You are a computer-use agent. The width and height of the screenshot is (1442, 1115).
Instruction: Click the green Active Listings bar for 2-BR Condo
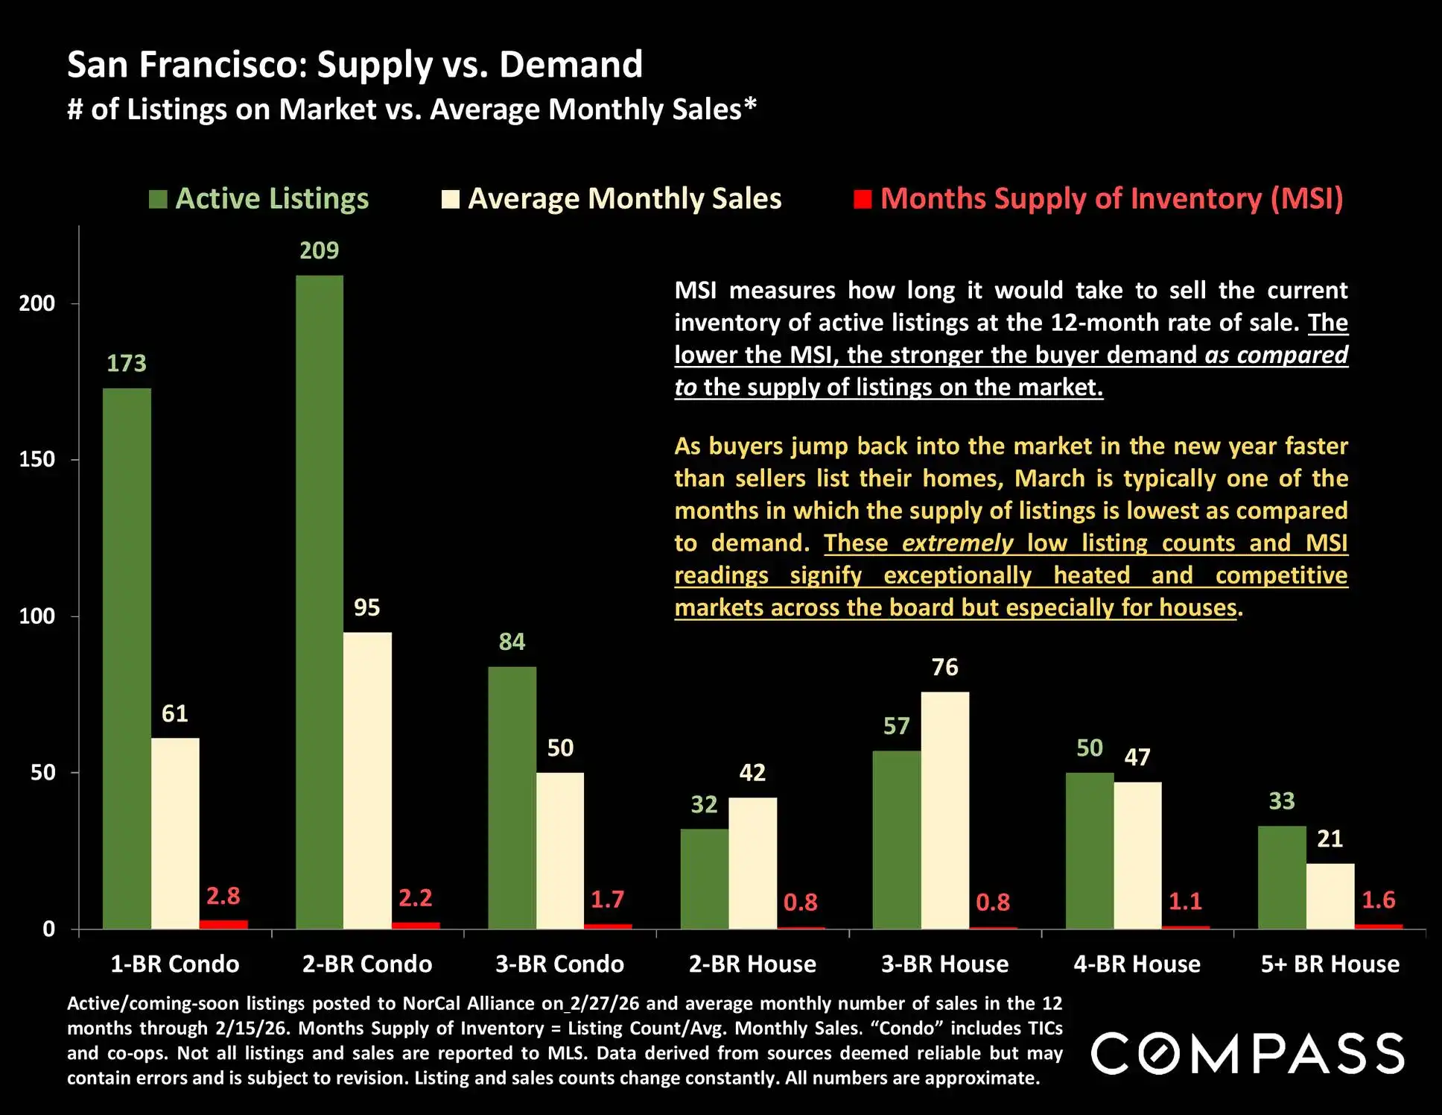(320, 602)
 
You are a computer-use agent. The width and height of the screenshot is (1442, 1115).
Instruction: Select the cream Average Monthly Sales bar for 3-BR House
(944, 810)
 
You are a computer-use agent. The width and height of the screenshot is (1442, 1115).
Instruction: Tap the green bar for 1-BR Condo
(127, 658)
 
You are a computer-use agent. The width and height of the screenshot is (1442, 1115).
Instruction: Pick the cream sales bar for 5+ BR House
(1330, 896)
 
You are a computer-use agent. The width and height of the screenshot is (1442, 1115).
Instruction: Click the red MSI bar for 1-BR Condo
(223, 925)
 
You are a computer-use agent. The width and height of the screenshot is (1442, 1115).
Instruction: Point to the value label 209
(319, 250)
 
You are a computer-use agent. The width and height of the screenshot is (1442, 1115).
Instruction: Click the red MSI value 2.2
(415, 897)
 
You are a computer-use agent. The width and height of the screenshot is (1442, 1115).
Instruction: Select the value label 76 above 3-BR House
(944, 667)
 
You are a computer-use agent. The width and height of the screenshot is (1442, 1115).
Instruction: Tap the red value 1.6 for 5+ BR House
(1378, 900)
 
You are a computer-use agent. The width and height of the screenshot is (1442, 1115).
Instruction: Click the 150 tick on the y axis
(37, 459)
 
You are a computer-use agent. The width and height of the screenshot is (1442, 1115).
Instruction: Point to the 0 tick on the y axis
(49, 929)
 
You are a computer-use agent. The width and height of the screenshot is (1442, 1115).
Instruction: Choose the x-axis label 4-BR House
(1137, 964)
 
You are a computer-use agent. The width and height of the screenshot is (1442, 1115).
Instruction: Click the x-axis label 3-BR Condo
(559, 964)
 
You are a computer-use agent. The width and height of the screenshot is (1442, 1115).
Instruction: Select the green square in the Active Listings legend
(158, 200)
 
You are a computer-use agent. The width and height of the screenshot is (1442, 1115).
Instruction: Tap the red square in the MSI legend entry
(863, 200)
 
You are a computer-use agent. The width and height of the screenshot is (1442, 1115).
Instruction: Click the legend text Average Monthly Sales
(624, 199)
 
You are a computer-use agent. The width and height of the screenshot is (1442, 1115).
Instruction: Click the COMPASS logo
(1248, 1053)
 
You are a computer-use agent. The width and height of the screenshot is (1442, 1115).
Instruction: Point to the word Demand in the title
(571, 65)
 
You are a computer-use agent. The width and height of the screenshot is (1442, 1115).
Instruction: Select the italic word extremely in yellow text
(957, 543)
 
